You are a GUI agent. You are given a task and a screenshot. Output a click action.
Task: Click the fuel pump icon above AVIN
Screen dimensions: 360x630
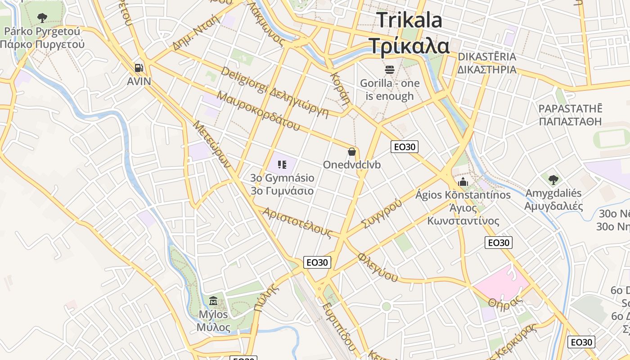(x=139, y=68)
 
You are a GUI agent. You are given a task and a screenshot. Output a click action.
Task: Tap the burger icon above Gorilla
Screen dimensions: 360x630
(x=390, y=70)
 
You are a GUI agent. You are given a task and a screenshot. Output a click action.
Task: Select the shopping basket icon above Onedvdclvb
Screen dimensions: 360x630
(x=352, y=152)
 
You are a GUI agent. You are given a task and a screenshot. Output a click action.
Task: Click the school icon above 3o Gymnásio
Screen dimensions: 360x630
(x=282, y=165)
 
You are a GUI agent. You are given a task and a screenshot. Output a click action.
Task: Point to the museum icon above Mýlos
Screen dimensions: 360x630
(x=213, y=301)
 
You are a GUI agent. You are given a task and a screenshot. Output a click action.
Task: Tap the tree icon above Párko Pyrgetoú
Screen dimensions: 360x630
(x=42, y=18)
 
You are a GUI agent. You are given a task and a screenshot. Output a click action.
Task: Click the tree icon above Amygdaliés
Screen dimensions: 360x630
(x=553, y=180)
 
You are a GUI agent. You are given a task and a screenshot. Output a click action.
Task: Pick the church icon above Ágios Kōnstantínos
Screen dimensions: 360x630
(x=463, y=182)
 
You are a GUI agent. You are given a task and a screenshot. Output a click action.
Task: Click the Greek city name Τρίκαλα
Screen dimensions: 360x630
(x=409, y=45)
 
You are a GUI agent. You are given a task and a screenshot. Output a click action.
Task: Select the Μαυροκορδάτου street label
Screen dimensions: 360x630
(x=258, y=111)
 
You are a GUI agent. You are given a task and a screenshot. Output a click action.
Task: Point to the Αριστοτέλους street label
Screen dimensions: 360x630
(x=297, y=222)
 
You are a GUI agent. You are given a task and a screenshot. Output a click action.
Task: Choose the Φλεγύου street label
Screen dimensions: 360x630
(x=378, y=267)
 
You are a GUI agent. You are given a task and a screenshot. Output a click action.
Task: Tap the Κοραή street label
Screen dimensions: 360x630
(x=340, y=87)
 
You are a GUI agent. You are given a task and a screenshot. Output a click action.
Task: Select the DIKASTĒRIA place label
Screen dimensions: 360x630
(x=487, y=57)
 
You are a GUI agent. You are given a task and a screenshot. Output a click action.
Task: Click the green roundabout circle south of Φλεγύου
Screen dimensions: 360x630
(x=386, y=307)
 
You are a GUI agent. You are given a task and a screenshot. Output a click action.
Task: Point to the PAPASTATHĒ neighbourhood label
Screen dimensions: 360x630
(x=570, y=108)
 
